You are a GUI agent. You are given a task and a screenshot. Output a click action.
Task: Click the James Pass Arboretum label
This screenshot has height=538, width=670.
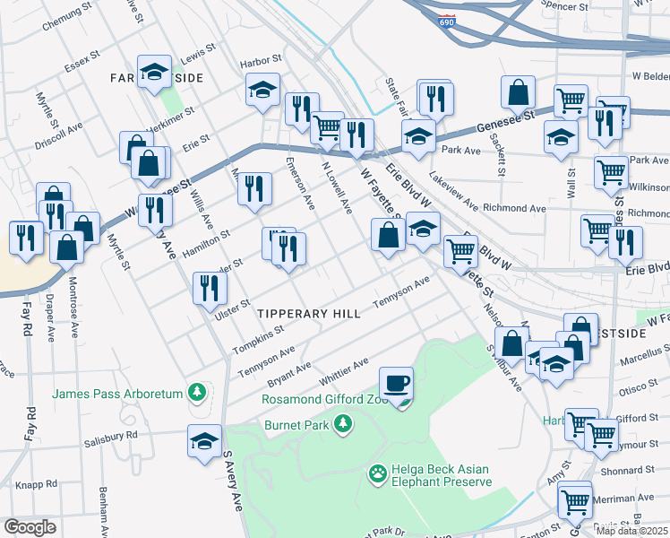tap(117, 393)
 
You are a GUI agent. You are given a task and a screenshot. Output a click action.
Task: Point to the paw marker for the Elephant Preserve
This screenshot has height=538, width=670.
tap(378, 472)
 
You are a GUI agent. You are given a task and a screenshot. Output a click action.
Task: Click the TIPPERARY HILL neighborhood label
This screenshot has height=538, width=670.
tap(308, 314)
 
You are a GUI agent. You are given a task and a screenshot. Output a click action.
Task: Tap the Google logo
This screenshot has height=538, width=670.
tap(30, 527)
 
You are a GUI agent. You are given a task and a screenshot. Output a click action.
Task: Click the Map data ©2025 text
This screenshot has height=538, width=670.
tap(631, 530)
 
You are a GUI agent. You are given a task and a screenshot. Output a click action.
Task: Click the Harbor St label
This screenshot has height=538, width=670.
tap(261, 62)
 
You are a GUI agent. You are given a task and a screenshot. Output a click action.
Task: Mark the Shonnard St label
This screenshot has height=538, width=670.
tap(629, 470)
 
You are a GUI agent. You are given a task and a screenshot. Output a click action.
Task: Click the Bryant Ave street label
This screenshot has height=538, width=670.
tap(288, 368)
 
